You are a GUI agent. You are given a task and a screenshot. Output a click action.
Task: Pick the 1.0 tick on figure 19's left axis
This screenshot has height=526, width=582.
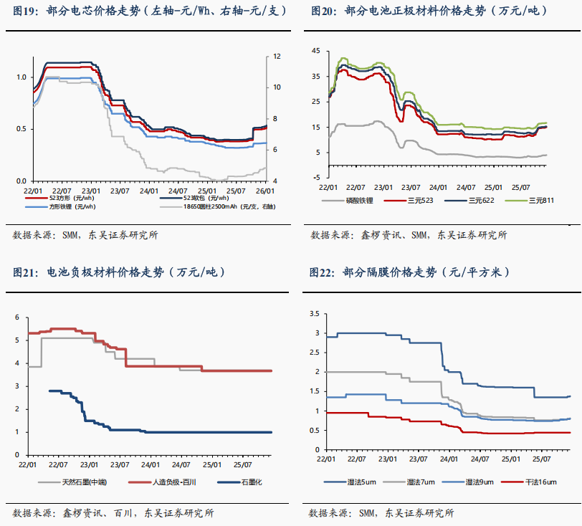(x=22, y=77)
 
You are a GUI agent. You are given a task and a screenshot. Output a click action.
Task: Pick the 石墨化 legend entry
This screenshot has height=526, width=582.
(x=250, y=482)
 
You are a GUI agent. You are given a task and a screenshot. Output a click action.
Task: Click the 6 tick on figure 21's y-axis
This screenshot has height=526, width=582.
(x=19, y=317)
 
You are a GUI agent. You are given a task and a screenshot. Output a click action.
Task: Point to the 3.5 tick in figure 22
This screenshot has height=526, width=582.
(x=313, y=314)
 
